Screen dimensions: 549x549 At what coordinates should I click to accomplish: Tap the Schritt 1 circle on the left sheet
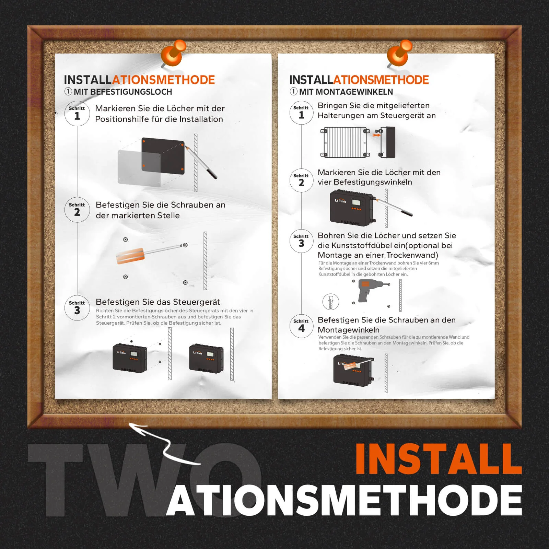(77, 114)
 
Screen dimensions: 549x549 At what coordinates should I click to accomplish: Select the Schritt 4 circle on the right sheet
(301, 326)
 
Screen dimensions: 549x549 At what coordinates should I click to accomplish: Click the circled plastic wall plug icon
(331, 302)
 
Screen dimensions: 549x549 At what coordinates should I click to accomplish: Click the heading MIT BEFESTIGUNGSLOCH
(123, 92)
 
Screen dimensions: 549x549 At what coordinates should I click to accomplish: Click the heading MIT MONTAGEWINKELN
(346, 92)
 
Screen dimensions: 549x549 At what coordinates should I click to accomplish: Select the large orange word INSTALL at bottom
(438, 459)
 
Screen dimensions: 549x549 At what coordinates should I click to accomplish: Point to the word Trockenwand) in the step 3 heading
(412, 255)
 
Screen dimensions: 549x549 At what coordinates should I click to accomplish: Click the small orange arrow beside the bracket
(377, 135)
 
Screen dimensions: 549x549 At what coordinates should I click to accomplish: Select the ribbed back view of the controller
(344, 142)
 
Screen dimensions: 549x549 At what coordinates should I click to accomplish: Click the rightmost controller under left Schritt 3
(206, 359)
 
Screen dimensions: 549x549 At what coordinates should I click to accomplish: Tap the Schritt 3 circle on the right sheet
(301, 241)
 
